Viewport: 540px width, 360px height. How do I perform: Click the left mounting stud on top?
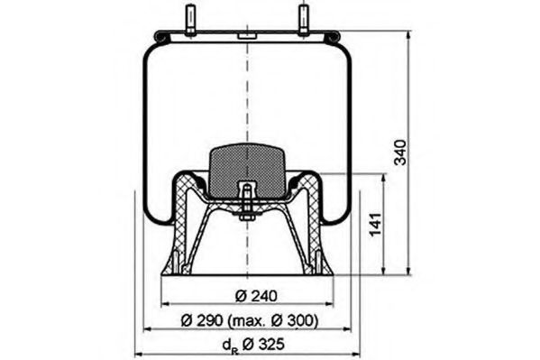pos(190,21)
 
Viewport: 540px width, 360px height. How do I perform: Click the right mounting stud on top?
pos(303,21)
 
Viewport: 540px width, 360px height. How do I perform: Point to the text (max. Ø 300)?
pos(274,320)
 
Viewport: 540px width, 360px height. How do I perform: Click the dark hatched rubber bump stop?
pos(247,165)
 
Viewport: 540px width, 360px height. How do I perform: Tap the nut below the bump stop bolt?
pos(246,215)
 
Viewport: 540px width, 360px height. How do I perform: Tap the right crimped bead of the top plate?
pos(334,36)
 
